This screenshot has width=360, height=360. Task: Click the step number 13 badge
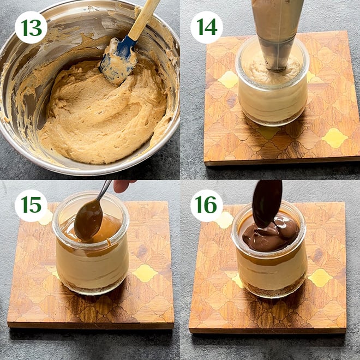pos(31,27)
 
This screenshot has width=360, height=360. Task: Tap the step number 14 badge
pos(206,27)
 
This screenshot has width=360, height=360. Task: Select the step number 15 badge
pos(31,206)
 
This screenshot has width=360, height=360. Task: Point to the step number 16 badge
pos(206,206)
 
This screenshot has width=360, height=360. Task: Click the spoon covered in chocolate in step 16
pos(267,203)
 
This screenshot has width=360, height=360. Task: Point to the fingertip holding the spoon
pos(123,185)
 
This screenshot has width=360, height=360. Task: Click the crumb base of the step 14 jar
pos(273,118)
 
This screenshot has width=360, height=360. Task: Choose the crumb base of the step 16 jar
pos(272,290)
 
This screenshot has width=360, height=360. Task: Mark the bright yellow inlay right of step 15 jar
pos(145,273)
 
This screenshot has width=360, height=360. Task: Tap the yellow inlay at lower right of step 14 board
pos(334,138)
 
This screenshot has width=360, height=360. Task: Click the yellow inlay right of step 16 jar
pos(320,278)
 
